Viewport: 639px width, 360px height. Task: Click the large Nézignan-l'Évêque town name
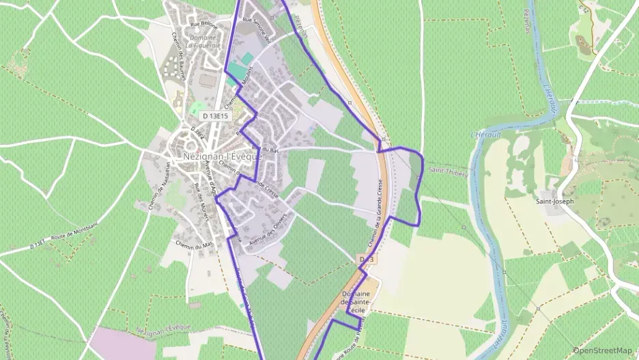tap(223, 156)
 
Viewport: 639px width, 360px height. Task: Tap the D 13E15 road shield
tap(214, 116)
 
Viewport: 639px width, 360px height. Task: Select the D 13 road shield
tap(367, 260)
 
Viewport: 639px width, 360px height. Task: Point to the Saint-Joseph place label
tap(554, 202)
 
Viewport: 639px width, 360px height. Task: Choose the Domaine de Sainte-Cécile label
tap(356, 301)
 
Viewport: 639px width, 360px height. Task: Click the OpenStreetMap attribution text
tap(602, 350)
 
